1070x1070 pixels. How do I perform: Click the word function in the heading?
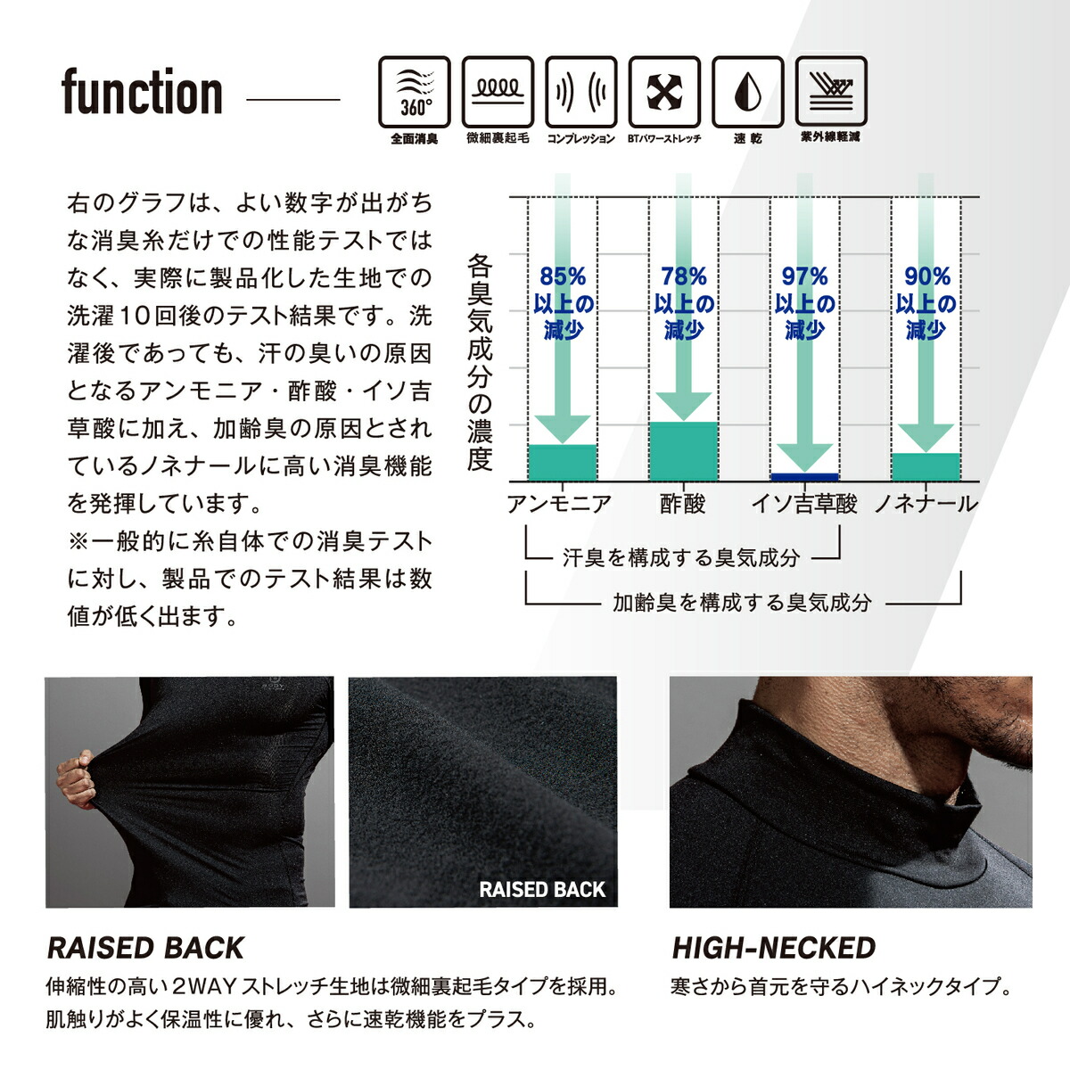[142, 93]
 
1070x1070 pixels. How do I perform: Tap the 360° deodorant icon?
[415, 92]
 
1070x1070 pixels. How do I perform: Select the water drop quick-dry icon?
[747, 92]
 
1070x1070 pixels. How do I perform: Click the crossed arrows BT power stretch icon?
[664, 92]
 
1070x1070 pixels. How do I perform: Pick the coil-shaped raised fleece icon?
[498, 92]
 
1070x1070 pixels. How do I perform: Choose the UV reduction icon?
[830, 92]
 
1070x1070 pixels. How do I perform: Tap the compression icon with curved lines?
[581, 92]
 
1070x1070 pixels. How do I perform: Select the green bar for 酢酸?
[683, 452]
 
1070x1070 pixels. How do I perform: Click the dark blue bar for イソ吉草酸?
[804, 477]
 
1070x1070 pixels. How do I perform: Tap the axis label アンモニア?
[559, 505]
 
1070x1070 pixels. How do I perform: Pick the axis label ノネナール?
[926, 505]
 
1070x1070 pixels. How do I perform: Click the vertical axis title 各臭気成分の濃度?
[480, 363]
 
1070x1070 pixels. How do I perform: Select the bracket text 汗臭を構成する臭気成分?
[681, 558]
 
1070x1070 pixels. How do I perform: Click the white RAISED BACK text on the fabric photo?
[541, 889]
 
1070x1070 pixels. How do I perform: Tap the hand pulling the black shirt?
[76, 780]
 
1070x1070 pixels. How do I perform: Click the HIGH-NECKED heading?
[773, 948]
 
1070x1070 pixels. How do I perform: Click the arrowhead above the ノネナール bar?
[926, 437]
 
